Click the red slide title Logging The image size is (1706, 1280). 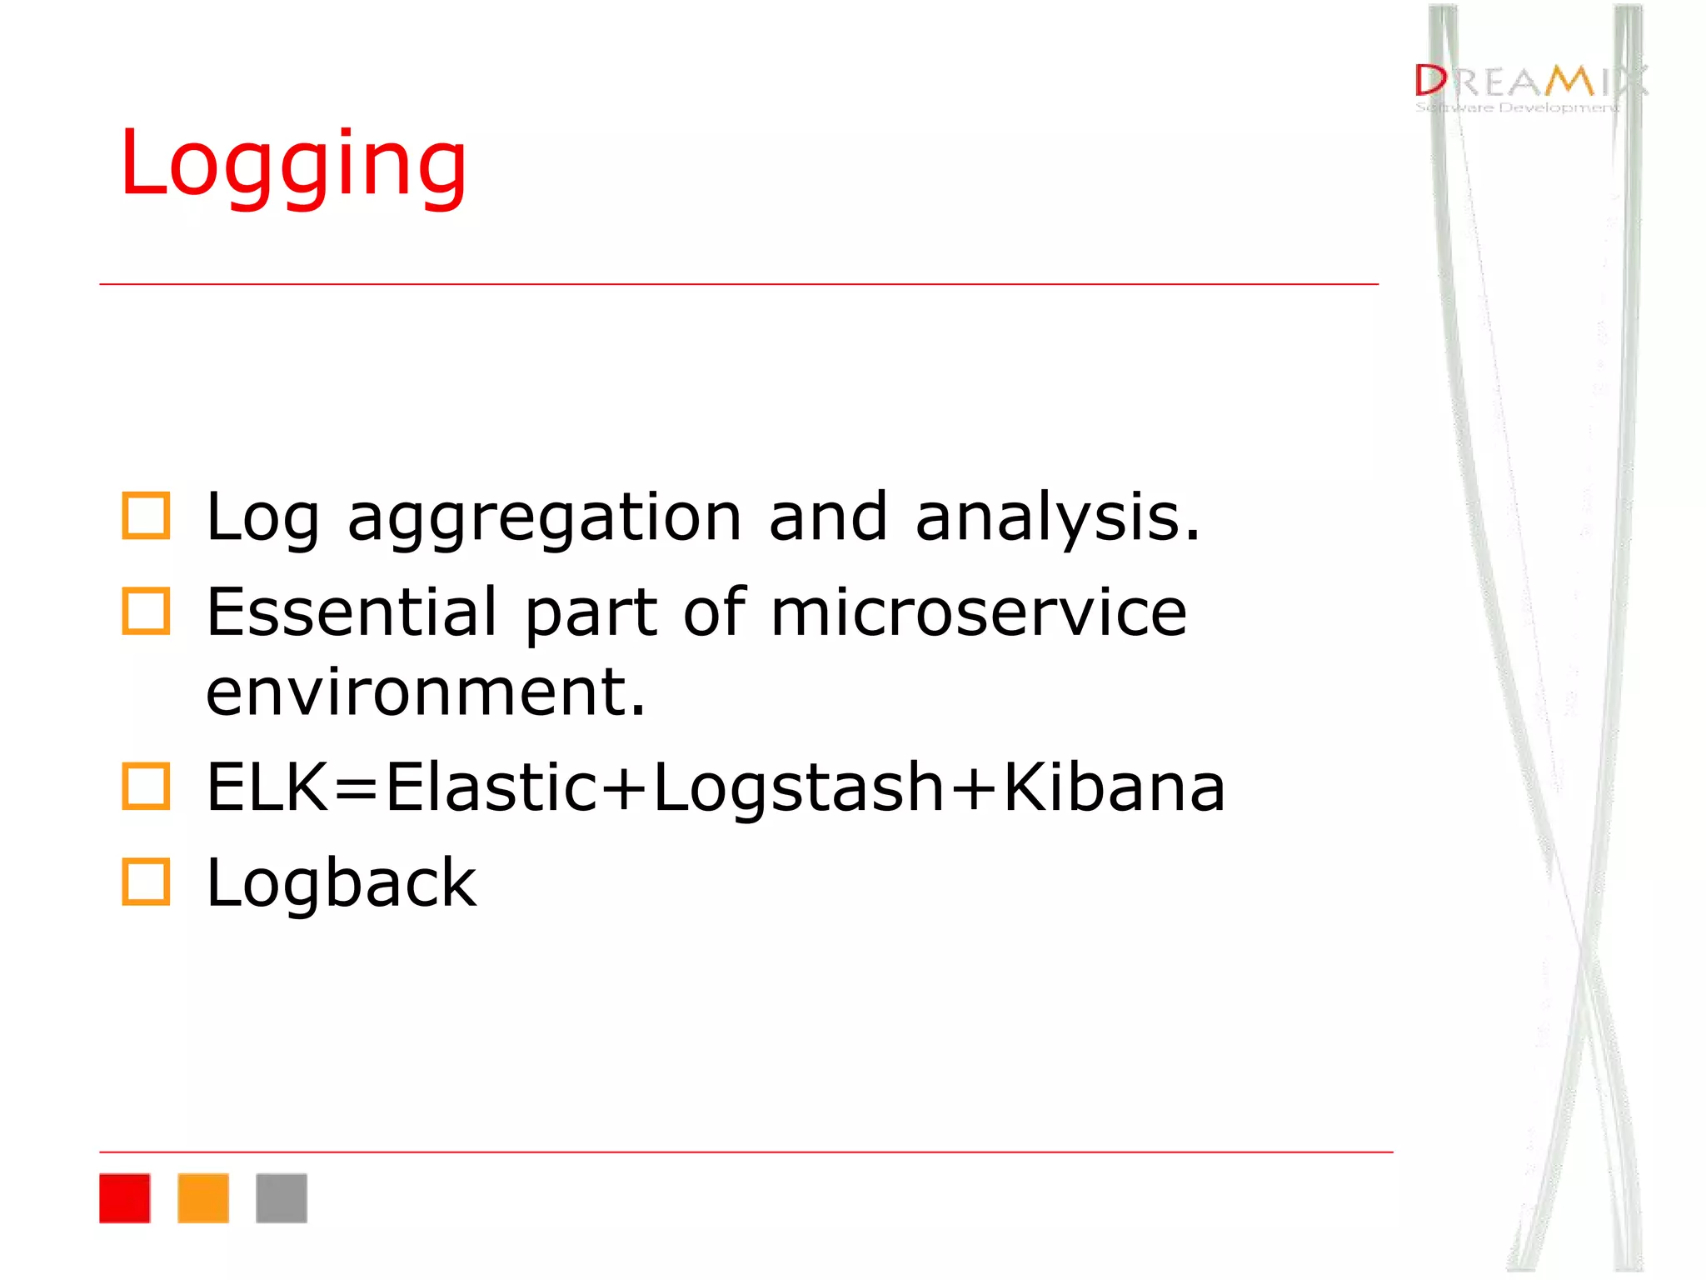(x=292, y=165)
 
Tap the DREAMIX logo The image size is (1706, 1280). (x=1529, y=82)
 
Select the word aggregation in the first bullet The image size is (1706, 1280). (x=544, y=518)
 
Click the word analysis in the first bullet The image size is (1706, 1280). (x=1056, y=518)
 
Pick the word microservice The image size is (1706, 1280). (x=979, y=612)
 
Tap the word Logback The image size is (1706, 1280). (x=342, y=882)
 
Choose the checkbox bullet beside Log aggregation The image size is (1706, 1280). (x=146, y=516)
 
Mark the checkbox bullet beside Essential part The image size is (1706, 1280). (x=146, y=611)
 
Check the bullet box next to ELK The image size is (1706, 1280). (x=146, y=786)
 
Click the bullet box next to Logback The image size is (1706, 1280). (x=146, y=882)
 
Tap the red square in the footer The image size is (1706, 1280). (x=125, y=1198)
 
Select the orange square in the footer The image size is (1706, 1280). (x=203, y=1198)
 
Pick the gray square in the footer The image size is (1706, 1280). (x=282, y=1198)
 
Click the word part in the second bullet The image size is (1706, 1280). (x=591, y=614)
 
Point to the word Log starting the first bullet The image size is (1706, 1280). (x=262, y=518)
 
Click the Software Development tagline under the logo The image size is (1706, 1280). (x=1517, y=107)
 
